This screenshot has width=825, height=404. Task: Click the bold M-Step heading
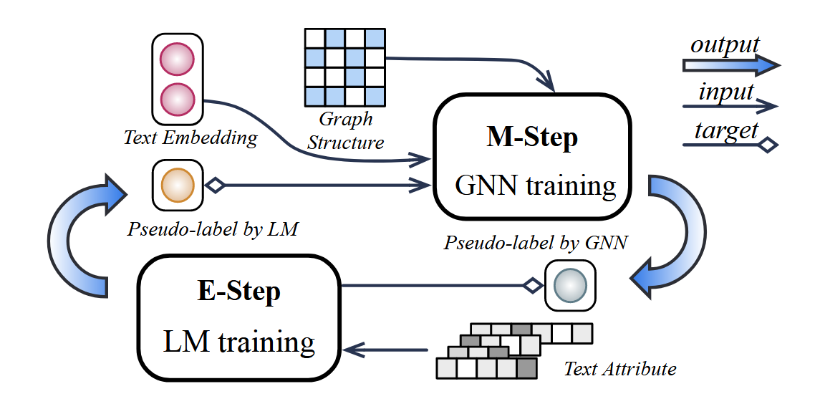point(531,138)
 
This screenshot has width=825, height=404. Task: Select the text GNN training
point(536,186)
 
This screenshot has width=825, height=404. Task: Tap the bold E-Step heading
point(238,292)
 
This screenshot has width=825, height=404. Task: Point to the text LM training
point(238,342)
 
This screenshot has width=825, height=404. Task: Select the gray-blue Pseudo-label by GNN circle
point(570,286)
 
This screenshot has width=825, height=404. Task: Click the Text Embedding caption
point(190,138)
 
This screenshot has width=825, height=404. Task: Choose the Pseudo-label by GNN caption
point(536,242)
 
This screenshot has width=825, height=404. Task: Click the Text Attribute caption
point(619,369)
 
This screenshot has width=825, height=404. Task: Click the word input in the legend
point(726,92)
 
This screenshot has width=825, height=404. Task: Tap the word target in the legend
point(725,131)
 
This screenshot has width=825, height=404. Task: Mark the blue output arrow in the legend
point(730,66)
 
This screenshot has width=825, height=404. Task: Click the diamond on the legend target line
point(767,145)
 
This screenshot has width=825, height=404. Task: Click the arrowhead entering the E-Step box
point(352,350)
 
